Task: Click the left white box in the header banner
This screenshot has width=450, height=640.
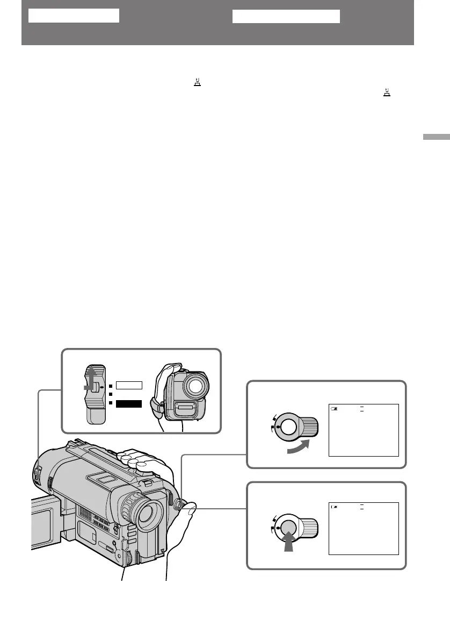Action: click(x=73, y=16)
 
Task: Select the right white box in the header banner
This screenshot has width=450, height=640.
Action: click(x=286, y=16)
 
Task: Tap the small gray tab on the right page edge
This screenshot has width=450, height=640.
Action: click(x=436, y=137)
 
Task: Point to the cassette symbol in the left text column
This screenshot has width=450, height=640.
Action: click(x=198, y=83)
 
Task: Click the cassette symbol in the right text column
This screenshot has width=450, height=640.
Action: click(x=386, y=94)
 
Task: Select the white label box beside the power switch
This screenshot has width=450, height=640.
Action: click(x=129, y=385)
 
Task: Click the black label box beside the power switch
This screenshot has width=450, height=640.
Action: click(x=129, y=403)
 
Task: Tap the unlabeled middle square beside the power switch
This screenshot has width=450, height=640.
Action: click(x=110, y=394)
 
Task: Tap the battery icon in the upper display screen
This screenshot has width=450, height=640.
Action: click(x=335, y=409)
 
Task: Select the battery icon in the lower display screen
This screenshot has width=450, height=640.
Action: click(x=335, y=507)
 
